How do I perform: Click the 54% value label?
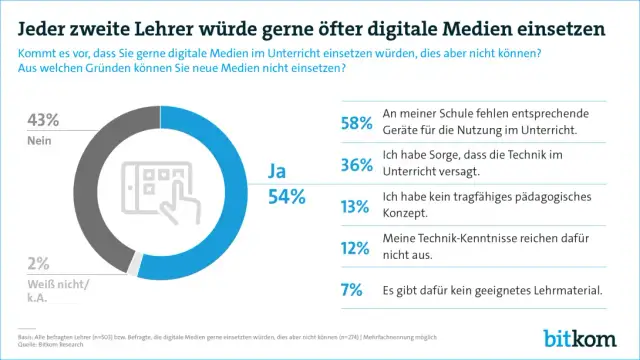point(284,197)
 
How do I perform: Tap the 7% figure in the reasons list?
point(358,291)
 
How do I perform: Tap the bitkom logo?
point(584,336)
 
